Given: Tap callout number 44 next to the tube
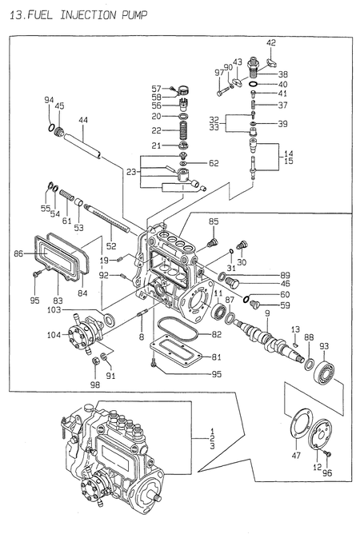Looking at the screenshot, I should pyautogui.click(x=82, y=120).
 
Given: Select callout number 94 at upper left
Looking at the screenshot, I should pyautogui.click(x=49, y=100).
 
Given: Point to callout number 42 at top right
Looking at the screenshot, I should pyautogui.click(x=271, y=42).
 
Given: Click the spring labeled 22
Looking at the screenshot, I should pyautogui.click(x=183, y=130).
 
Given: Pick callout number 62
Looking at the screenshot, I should pyautogui.click(x=213, y=163).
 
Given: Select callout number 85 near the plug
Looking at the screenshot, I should pyautogui.click(x=214, y=221).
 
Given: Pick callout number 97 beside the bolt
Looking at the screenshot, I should pyautogui.click(x=217, y=74).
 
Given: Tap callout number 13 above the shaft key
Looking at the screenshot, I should pyautogui.click(x=295, y=329).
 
